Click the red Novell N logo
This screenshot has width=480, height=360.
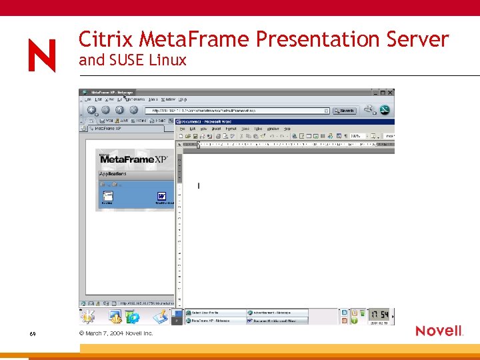pos(42,55)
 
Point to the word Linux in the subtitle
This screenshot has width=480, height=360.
pos(167,61)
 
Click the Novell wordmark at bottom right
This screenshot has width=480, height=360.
pos(439,331)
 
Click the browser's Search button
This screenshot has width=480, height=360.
pos(345,111)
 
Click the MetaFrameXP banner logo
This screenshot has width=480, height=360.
pos(133,159)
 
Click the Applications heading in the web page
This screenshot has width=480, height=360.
pos(113,174)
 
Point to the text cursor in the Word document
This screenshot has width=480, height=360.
pos(199,185)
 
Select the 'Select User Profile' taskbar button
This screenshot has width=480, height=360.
pos(213,313)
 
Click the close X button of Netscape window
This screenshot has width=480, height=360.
pos(391,93)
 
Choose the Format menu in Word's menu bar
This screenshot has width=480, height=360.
pos(231,129)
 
